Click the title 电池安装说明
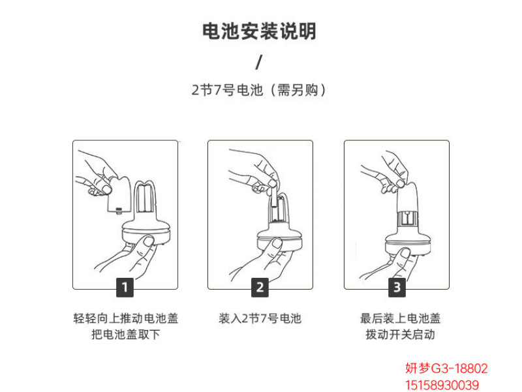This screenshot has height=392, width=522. tap(259, 31)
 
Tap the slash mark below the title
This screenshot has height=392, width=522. tap(259, 62)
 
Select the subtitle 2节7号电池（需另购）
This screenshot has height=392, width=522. tap(259, 90)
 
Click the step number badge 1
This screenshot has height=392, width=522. tap(125, 287)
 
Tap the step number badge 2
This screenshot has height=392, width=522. tap(260, 287)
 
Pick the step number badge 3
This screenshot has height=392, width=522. tap(397, 287)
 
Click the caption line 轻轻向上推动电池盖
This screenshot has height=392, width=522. tap(125, 318)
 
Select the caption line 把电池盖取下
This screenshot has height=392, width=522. tap(125, 335)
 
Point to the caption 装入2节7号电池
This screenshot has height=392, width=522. tap(260, 318)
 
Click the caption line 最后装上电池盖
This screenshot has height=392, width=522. tap(400, 318)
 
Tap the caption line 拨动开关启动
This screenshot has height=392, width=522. tap(400, 335)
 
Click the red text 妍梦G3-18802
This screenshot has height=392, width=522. tap(446, 369)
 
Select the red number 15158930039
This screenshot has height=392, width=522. tap(442, 385)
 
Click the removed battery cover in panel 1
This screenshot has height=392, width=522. tap(119, 194)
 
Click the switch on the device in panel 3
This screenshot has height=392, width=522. tap(407, 220)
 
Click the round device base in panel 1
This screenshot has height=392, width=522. tap(147, 234)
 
